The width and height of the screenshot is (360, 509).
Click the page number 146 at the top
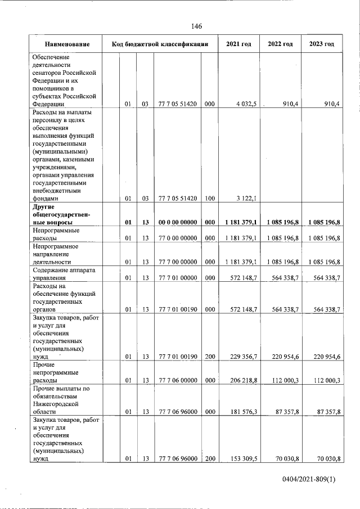(196, 26)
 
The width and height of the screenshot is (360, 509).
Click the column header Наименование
(67, 44)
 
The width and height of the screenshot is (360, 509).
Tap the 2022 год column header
(280, 44)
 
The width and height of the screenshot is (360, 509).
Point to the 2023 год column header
(322, 44)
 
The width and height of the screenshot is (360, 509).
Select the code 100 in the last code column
(209, 198)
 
